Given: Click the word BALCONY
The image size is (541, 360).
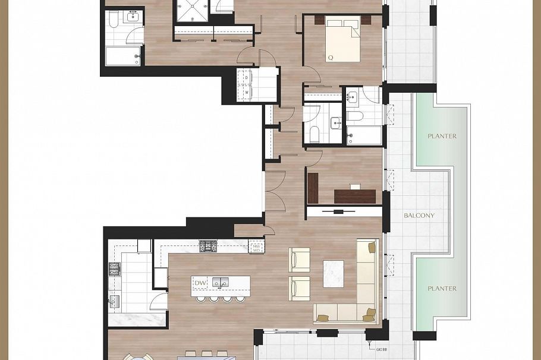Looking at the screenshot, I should click(419, 216).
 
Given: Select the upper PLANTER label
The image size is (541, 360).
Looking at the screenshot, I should click(442, 136).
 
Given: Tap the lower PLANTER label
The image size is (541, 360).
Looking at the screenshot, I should click(442, 289).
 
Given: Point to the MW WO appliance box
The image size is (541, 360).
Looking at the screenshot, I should click(256, 247).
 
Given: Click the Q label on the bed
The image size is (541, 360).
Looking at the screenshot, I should click(330, 58).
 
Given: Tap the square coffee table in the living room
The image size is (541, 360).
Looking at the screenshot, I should click(334, 274).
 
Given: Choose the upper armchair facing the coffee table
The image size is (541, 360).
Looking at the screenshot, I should click(299, 260).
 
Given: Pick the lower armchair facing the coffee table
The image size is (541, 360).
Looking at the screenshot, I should click(299, 288).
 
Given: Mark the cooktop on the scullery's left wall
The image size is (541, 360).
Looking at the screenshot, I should click(115, 269).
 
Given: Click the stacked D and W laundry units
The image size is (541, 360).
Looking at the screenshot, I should click(247, 85).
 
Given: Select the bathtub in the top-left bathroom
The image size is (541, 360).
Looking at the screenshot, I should click(123, 56).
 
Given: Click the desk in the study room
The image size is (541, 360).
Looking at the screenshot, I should click(355, 195).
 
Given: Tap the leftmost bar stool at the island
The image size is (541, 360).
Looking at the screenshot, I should click(200, 298).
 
